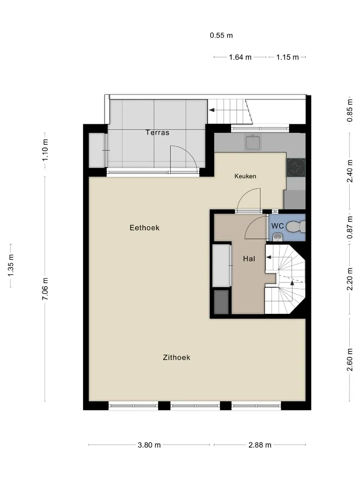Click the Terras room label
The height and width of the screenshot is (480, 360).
[x=157, y=132]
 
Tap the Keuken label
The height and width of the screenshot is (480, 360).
[x=245, y=176]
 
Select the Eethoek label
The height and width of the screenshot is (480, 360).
[x=144, y=228]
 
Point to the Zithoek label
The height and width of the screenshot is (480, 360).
[x=176, y=357]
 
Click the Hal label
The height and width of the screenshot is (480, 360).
[x=249, y=259]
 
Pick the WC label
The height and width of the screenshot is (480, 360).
[x=278, y=226]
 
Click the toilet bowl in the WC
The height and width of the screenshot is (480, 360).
[x=296, y=227]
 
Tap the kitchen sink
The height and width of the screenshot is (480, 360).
[x=253, y=142]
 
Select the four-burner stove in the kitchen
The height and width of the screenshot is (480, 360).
[x=296, y=168]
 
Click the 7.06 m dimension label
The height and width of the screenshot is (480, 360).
[x=45, y=289]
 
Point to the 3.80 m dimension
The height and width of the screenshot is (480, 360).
[x=149, y=445]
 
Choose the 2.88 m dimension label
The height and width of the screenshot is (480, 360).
[x=260, y=445]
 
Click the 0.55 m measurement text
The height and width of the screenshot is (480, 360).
[x=221, y=36]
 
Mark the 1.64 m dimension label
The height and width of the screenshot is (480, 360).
[x=240, y=57]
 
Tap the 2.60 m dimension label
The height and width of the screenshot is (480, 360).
[x=350, y=360]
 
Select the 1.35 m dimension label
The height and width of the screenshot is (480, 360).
[x=10, y=265]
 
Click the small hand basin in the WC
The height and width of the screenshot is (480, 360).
[x=277, y=237]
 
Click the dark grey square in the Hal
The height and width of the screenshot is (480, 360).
[x=221, y=302]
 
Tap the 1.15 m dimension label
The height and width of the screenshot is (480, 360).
[x=288, y=57]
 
